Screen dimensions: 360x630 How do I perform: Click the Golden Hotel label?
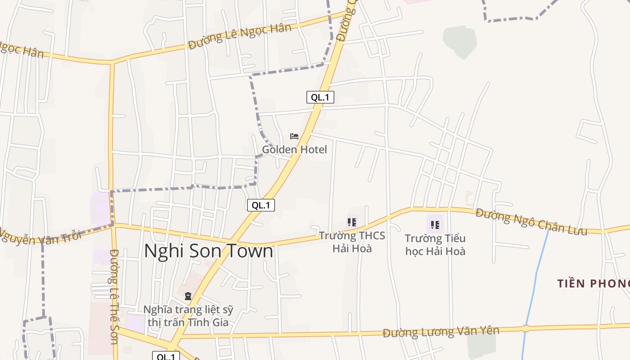[x=294, y=149]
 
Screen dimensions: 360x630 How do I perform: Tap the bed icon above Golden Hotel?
[x=294, y=136]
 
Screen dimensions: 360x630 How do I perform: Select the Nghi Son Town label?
[x=208, y=251]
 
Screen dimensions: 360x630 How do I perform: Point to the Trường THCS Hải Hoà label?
[x=352, y=242]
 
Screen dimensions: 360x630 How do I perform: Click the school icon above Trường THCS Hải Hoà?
[x=352, y=222]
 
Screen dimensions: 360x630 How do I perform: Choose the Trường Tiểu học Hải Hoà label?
[x=435, y=244]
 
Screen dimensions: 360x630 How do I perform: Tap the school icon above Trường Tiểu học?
[x=435, y=225]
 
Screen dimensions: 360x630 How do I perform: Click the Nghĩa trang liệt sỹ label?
[x=188, y=316]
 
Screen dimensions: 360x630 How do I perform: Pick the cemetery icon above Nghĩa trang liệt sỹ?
[x=188, y=296]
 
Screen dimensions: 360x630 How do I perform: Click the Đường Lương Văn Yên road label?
[x=441, y=332]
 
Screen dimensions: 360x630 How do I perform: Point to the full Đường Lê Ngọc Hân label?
[x=240, y=36]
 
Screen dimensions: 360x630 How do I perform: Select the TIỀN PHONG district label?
[x=593, y=283]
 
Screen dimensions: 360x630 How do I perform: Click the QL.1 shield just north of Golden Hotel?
[x=320, y=97]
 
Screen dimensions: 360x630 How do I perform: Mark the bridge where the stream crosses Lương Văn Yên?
[x=526, y=328]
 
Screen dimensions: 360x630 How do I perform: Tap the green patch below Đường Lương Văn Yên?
[x=481, y=344]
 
